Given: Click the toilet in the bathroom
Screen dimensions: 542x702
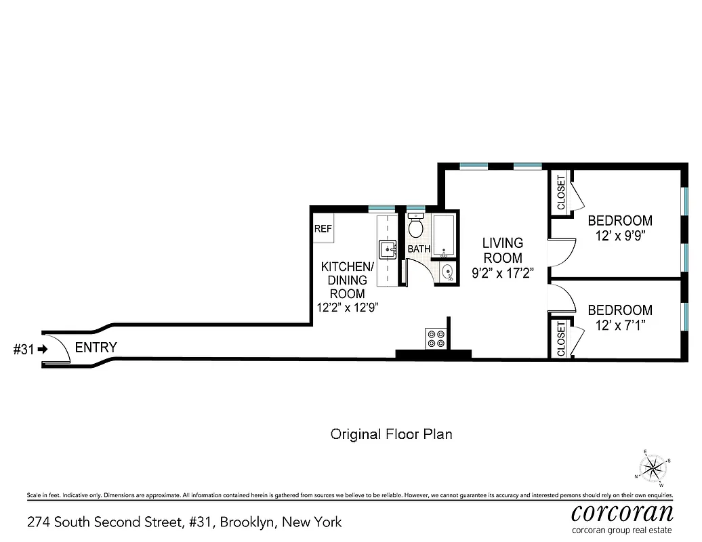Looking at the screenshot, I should (416, 225).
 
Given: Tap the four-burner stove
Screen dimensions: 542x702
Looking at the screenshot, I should (435, 338).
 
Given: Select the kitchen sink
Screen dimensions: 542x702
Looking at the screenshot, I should (388, 249).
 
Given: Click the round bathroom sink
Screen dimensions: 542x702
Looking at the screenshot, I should (447, 273).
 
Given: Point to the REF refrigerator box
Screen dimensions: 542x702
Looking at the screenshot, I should (323, 229).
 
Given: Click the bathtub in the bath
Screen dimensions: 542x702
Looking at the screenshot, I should (445, 236).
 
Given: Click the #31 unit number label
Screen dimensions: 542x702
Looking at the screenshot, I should (24, 350).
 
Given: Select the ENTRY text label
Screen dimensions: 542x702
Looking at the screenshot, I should (96, 348).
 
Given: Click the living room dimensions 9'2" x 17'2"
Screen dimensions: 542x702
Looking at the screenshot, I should (502, 274).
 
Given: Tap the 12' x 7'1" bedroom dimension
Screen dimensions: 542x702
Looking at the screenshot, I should (619, 326).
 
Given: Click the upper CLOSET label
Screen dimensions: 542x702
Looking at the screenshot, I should (560, 193).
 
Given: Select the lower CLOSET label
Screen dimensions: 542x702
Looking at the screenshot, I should (560, 338).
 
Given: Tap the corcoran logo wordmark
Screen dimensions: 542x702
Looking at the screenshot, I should (622, 510).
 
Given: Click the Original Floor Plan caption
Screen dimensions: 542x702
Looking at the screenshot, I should (391, 434).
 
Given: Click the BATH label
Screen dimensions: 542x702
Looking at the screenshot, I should (419, 249).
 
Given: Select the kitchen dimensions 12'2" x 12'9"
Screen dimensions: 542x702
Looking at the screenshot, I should (347, 307).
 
